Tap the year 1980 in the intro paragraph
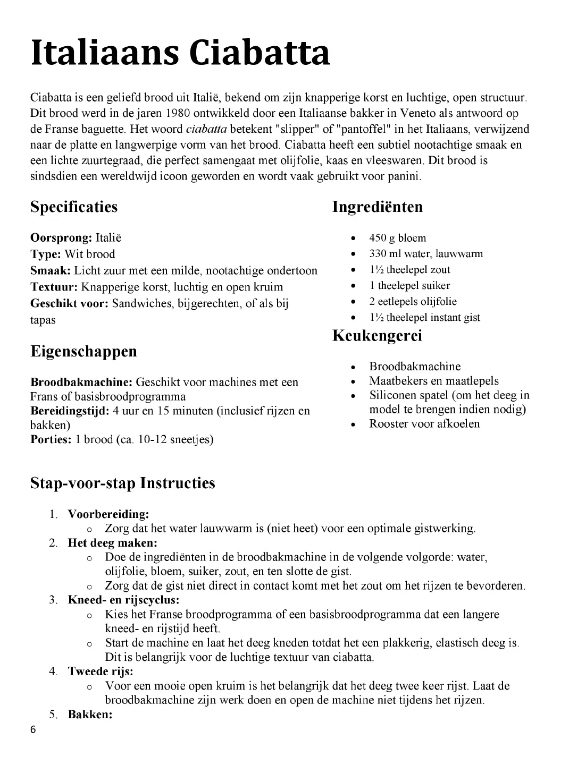click(x=178, y=113)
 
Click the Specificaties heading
click(x=74, y=207)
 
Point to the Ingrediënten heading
click(x=378, y=207)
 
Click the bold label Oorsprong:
click(x=61, y=237)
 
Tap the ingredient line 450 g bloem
click(x=397, y=238)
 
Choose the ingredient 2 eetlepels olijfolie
click(x=413, y=302)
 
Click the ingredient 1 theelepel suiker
click(x=409, y=286)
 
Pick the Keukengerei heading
click(x=377, y=336)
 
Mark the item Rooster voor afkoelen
click(x=424, y=424)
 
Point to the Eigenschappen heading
click(x=83, y=351)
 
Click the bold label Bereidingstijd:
click(x=70, y=411)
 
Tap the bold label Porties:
click(x=51, y=439)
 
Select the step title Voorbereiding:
click(x=108, y=514)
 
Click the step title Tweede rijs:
click(x=101, y=671)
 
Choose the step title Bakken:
click(x=90, y=715)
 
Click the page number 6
click(x=34, y=730)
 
